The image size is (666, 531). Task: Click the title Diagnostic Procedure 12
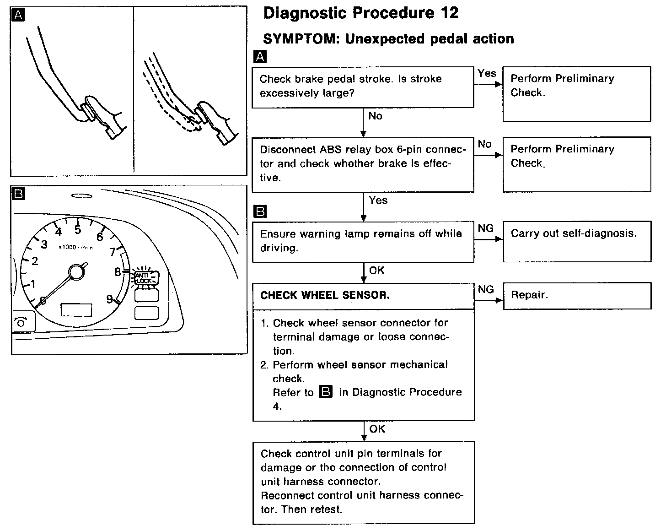pyautogui.click(x=361, y=13)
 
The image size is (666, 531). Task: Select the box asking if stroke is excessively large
pyautogui.click(x=363, y=87)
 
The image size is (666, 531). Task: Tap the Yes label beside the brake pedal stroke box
pyautogui.click(x=487, y=73)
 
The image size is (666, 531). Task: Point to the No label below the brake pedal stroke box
pyautogui.click(x=375, y=116)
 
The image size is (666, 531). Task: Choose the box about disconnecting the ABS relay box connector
pyautogui.click(x=363, y=164)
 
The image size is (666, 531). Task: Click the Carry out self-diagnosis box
pyautogui.click(x=577, y=241)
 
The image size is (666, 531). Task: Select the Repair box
pyautogui.click(x=577, y=295)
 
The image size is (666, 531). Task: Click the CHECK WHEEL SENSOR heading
pyautogui.click(x=325, y=296)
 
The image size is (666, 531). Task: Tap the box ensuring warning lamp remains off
pyautogui.click(x=363, y=241)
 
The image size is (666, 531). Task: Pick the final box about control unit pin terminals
pyautogui.click(x=364, y=482)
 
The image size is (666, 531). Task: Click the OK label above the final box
pyautogui.click(x=377, y=429)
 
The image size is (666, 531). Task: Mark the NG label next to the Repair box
pyautogui.click(x=486, y=289)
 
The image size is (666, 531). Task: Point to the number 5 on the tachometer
pyautogui.click(x=78, y=230)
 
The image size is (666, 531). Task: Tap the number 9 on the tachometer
pyautogui.click(x=110, y=299)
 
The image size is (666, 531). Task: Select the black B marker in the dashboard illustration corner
pyautogui.click(x=18, y=194)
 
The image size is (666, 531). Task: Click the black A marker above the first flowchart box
pyautogui.click(x=259, y=57)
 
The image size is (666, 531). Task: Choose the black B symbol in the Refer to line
pyautogui.click(x=326, y=392)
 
